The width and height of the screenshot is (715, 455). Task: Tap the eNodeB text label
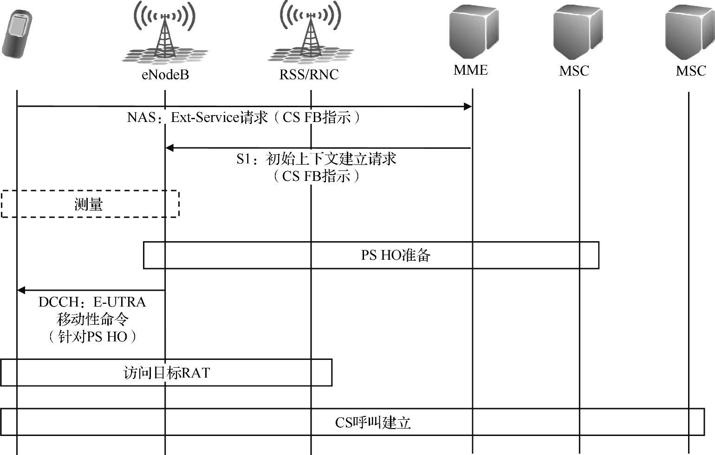(165, 75)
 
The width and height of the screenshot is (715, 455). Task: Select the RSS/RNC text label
(309, 75)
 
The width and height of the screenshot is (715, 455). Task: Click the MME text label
(470, 70)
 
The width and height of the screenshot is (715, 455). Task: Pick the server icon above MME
(474, 32)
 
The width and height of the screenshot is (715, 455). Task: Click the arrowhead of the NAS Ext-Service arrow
(468, 107)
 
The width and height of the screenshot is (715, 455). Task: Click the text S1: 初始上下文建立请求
(316, 159)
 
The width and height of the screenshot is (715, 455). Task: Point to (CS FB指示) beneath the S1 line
(316, 176)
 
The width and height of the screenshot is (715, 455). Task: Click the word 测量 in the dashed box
(89, 204)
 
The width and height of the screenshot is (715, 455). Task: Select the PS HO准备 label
(396, 255)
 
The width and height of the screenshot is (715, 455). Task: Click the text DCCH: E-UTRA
(92, 302)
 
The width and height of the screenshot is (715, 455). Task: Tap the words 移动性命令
(92, 320)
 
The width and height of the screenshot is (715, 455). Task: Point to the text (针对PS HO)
(92, 337)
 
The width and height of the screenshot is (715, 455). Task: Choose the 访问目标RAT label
(166, 373)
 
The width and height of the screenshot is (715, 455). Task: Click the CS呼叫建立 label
(373, 423)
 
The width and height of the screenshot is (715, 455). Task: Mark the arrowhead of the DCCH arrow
(21, 290)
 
